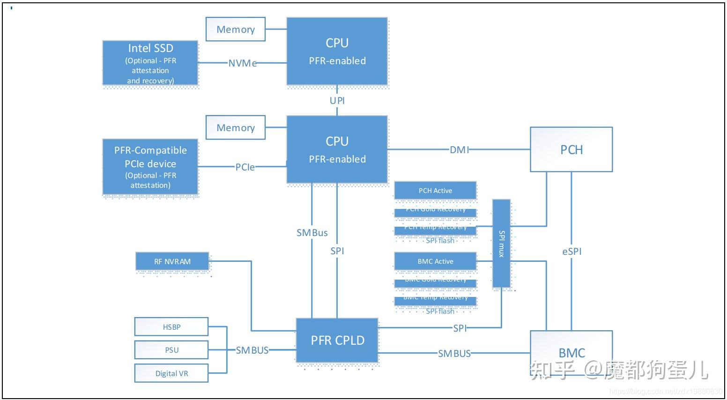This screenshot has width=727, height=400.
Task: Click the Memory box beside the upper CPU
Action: click(x=235, y=29)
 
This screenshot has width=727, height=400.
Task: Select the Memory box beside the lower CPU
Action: click(x=235, y=127)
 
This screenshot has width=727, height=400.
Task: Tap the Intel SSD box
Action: click(x=150, y=63)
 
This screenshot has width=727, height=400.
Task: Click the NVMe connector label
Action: click(x=243, y=63)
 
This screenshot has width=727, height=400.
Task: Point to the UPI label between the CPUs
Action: click(x=337, y=100)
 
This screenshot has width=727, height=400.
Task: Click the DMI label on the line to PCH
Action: click(x=459, y=149)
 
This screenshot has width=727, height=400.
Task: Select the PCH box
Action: click(x=571, y=149)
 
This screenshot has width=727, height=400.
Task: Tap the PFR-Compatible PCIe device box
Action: click(x=150, y=167)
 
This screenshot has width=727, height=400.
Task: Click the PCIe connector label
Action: click(x=245, y=167)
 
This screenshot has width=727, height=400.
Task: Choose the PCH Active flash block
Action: click(x=435, y=191)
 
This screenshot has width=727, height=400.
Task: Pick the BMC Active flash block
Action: click(x=435, y=261)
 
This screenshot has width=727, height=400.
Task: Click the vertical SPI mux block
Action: click(x=501, y=243)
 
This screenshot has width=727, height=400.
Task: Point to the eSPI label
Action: click(x=571, y=251)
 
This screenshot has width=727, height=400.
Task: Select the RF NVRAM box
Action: click(x=172, y=261)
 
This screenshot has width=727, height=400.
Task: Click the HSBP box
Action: click(x=171, y=327)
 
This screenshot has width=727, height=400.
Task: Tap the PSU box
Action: click(x=171, y=350)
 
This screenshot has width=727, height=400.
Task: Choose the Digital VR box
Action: click(x=171, y=373)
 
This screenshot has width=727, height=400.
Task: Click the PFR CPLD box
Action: click(x=337, y=341)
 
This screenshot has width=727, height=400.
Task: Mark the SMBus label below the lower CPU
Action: click(x=312, y=233)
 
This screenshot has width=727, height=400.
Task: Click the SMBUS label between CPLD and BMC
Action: click(x=454, y=353)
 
